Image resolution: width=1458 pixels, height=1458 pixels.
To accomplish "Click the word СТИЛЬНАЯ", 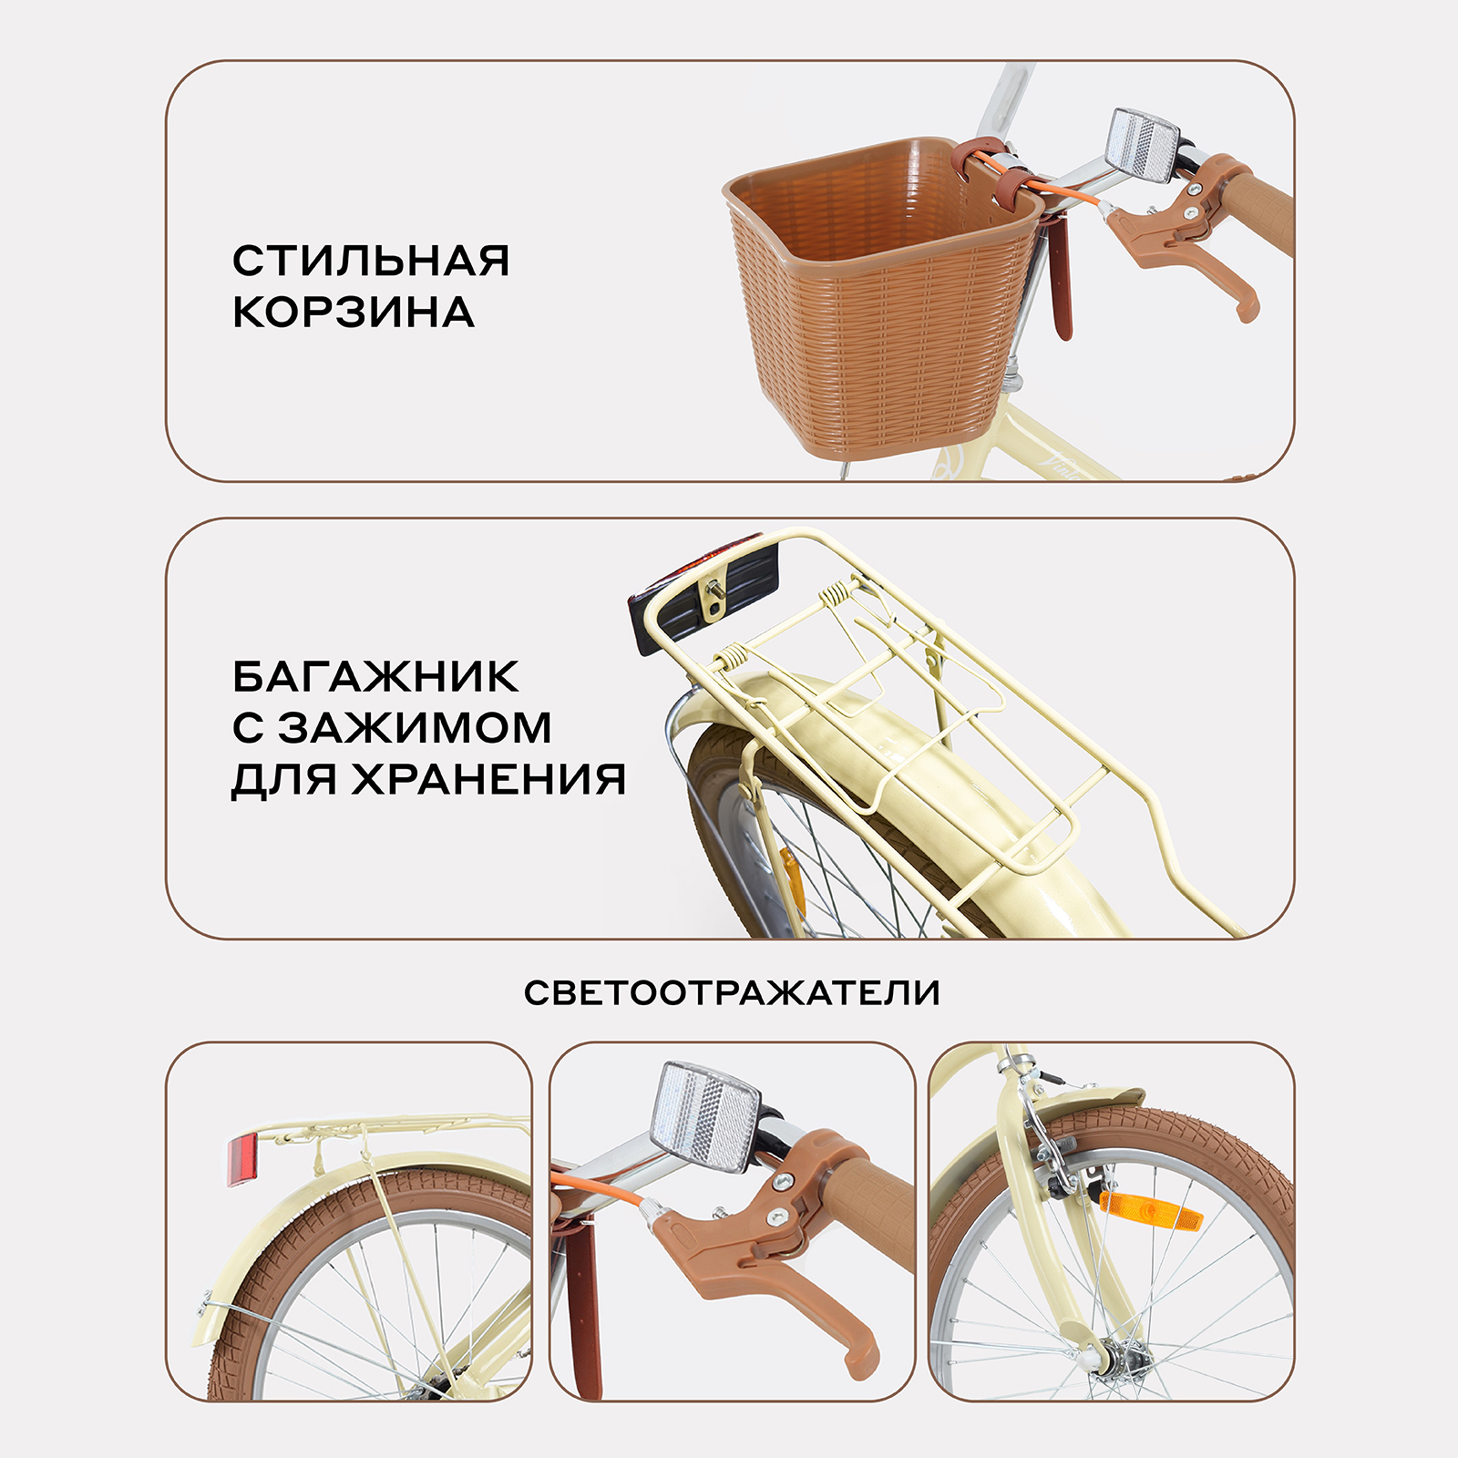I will click(370, 262).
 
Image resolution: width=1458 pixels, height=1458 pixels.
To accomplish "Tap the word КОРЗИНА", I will click(354, 313).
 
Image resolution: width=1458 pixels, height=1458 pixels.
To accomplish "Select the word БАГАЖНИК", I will click(375, 677).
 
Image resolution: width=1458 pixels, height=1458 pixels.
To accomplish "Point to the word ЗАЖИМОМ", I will click(415, 728).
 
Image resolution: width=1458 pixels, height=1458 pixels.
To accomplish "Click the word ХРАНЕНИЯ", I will click(489, 779).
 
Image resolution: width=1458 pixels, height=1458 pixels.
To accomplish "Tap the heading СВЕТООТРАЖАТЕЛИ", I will click(732, 993).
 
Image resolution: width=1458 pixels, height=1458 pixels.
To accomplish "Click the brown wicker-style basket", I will click(875, 310).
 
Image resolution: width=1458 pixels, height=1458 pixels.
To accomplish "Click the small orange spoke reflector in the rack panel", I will click(792, 879).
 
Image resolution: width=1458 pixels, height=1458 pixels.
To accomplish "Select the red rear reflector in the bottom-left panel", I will click(243, 1159).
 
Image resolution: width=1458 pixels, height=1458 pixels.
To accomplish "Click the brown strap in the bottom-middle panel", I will click(583, 1303).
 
